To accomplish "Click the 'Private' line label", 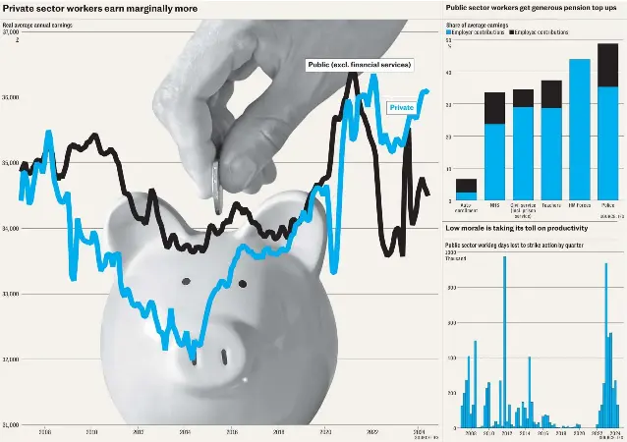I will pos(401,107).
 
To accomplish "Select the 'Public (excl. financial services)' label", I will pos(359,65).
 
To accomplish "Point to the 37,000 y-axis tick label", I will pos(11,31).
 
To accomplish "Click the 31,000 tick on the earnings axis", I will pos(11,424).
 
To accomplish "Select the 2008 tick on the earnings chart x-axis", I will pos(45,432).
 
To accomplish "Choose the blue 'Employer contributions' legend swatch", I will pos(448,32).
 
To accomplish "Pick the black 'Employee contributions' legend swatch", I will pos(512,32).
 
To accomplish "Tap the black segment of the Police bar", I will pos(608,65).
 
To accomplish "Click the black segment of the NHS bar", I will pos(495,108).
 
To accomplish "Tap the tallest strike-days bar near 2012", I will pos(504,344).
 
